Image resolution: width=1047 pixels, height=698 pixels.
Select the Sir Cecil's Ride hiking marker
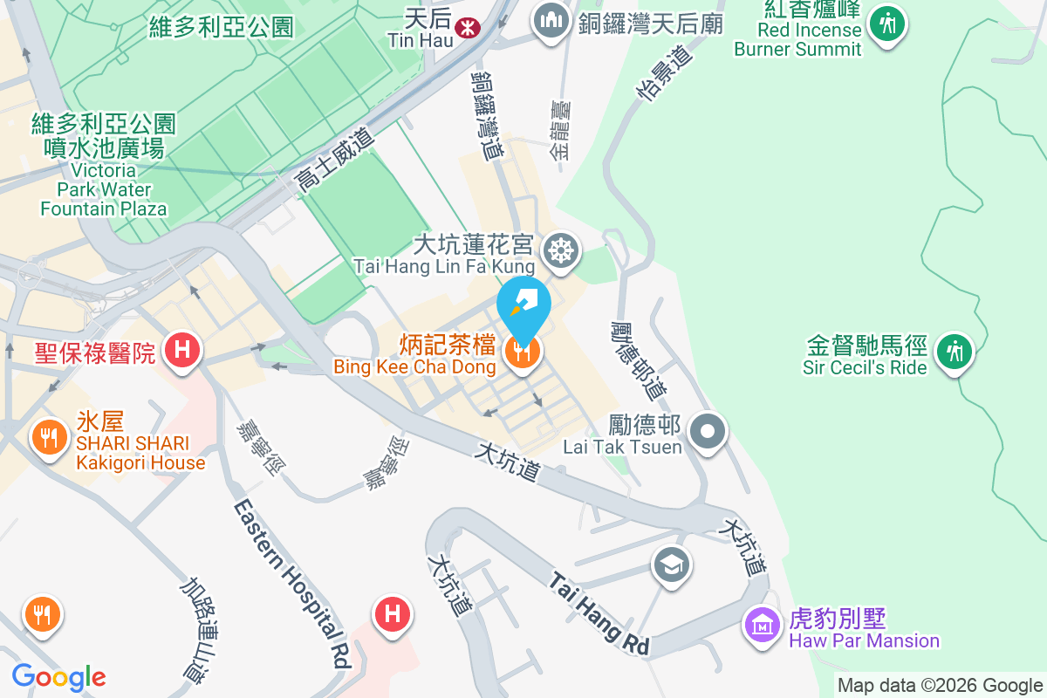tap(954, 352)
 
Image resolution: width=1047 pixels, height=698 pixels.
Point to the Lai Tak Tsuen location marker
tap(708, 430)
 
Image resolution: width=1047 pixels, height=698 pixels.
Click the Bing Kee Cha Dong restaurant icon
tap(523, 352)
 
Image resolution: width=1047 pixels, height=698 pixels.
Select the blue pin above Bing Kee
tap(523, 303)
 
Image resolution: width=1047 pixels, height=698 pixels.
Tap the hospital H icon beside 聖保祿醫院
tap(182, 351)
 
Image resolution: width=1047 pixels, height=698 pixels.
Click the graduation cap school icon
tap(672, 565)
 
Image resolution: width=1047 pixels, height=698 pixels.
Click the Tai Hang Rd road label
tap(599, 614)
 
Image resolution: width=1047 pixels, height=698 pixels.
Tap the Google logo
tap(58, 677)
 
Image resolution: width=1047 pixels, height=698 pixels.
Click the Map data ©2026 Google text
tap(940, 685)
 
